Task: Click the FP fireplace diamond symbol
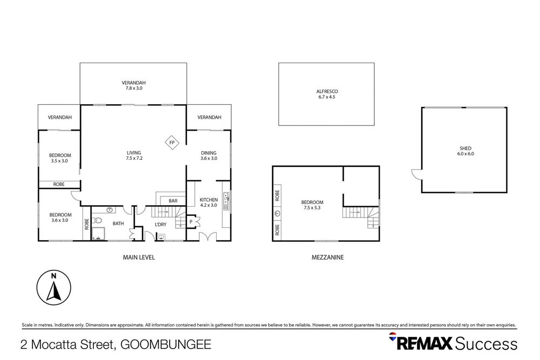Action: point(172,142)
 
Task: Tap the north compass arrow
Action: point(53,287)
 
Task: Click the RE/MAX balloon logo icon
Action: point(393,338)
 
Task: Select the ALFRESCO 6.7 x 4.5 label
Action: point(327,94)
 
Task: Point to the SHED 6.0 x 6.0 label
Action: point(465,151)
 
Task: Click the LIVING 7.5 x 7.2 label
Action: point(133,155)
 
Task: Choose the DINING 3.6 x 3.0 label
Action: point(208,155)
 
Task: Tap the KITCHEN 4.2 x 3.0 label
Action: point(208,202)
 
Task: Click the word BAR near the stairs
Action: point(173,201)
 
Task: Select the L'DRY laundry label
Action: point(161,225)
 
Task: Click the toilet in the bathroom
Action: point(97,220)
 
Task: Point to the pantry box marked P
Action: point(191,221)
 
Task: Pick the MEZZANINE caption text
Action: point(327,257)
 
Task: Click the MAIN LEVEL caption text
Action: point(139,257)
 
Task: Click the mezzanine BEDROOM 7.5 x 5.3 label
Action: point(312,205)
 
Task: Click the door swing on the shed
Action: point(416,174)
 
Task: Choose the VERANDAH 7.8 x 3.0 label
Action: point(133,85)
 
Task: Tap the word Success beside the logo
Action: point(487,343)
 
